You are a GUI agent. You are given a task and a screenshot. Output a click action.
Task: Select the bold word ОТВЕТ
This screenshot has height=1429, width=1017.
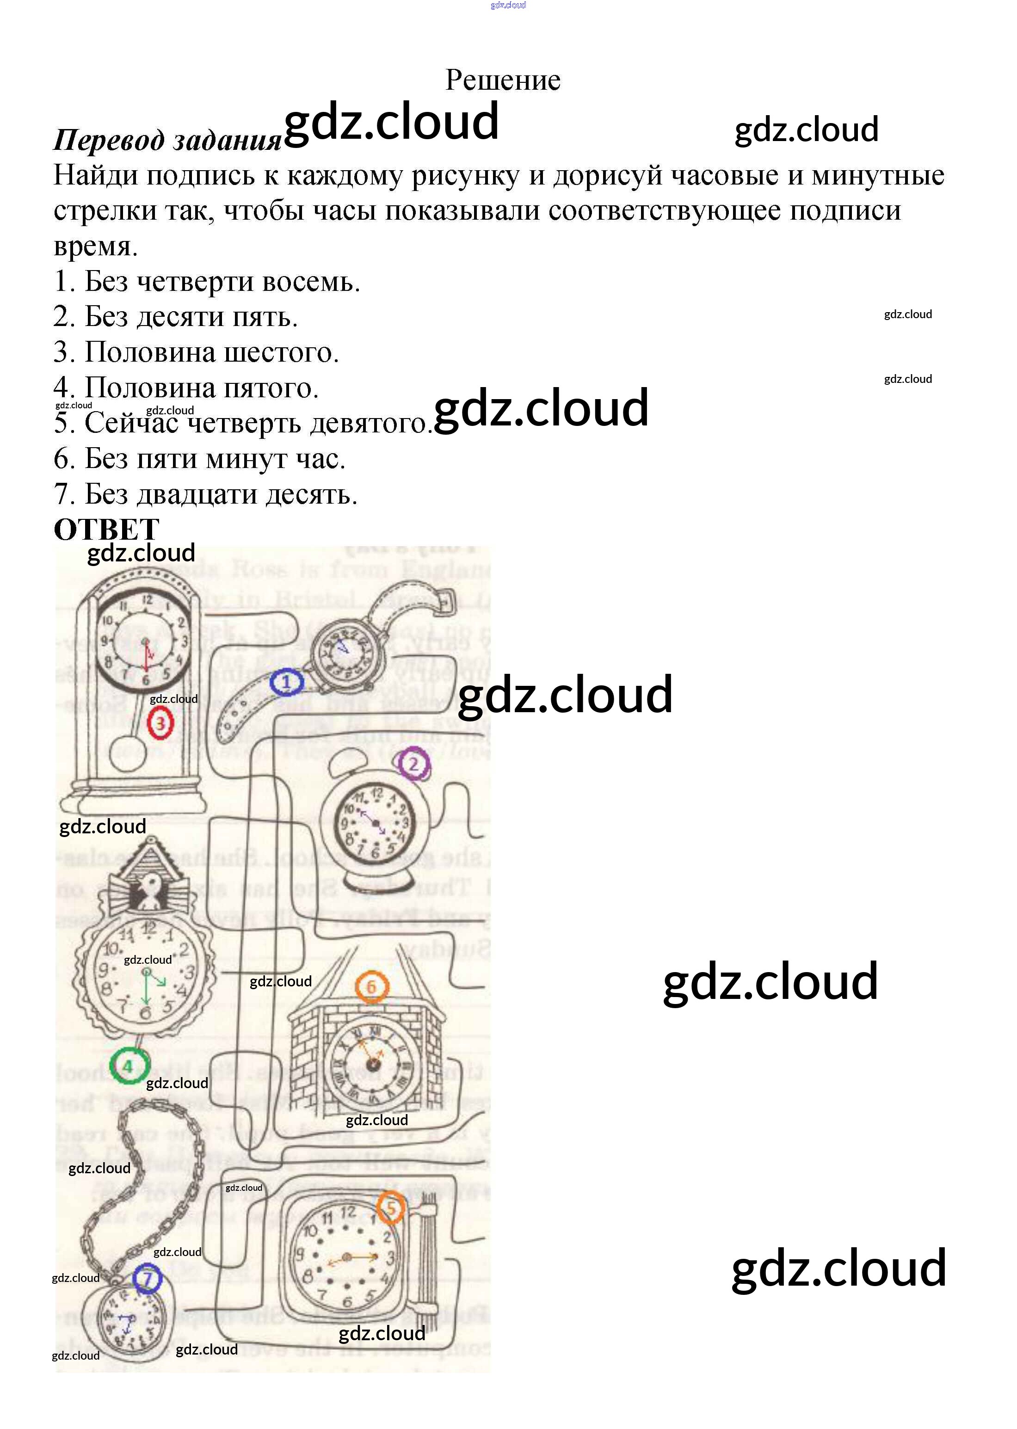(x=106, y=530)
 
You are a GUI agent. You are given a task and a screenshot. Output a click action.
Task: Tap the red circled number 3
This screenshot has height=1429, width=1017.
(x=160, y=724)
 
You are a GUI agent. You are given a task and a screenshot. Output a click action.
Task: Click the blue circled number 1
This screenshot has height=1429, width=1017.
(x=286, y=683)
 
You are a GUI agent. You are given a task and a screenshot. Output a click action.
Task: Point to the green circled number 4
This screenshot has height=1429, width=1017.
(x=129, y=1066)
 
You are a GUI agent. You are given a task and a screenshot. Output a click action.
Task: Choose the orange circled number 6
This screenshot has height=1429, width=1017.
(x=371, y=987)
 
